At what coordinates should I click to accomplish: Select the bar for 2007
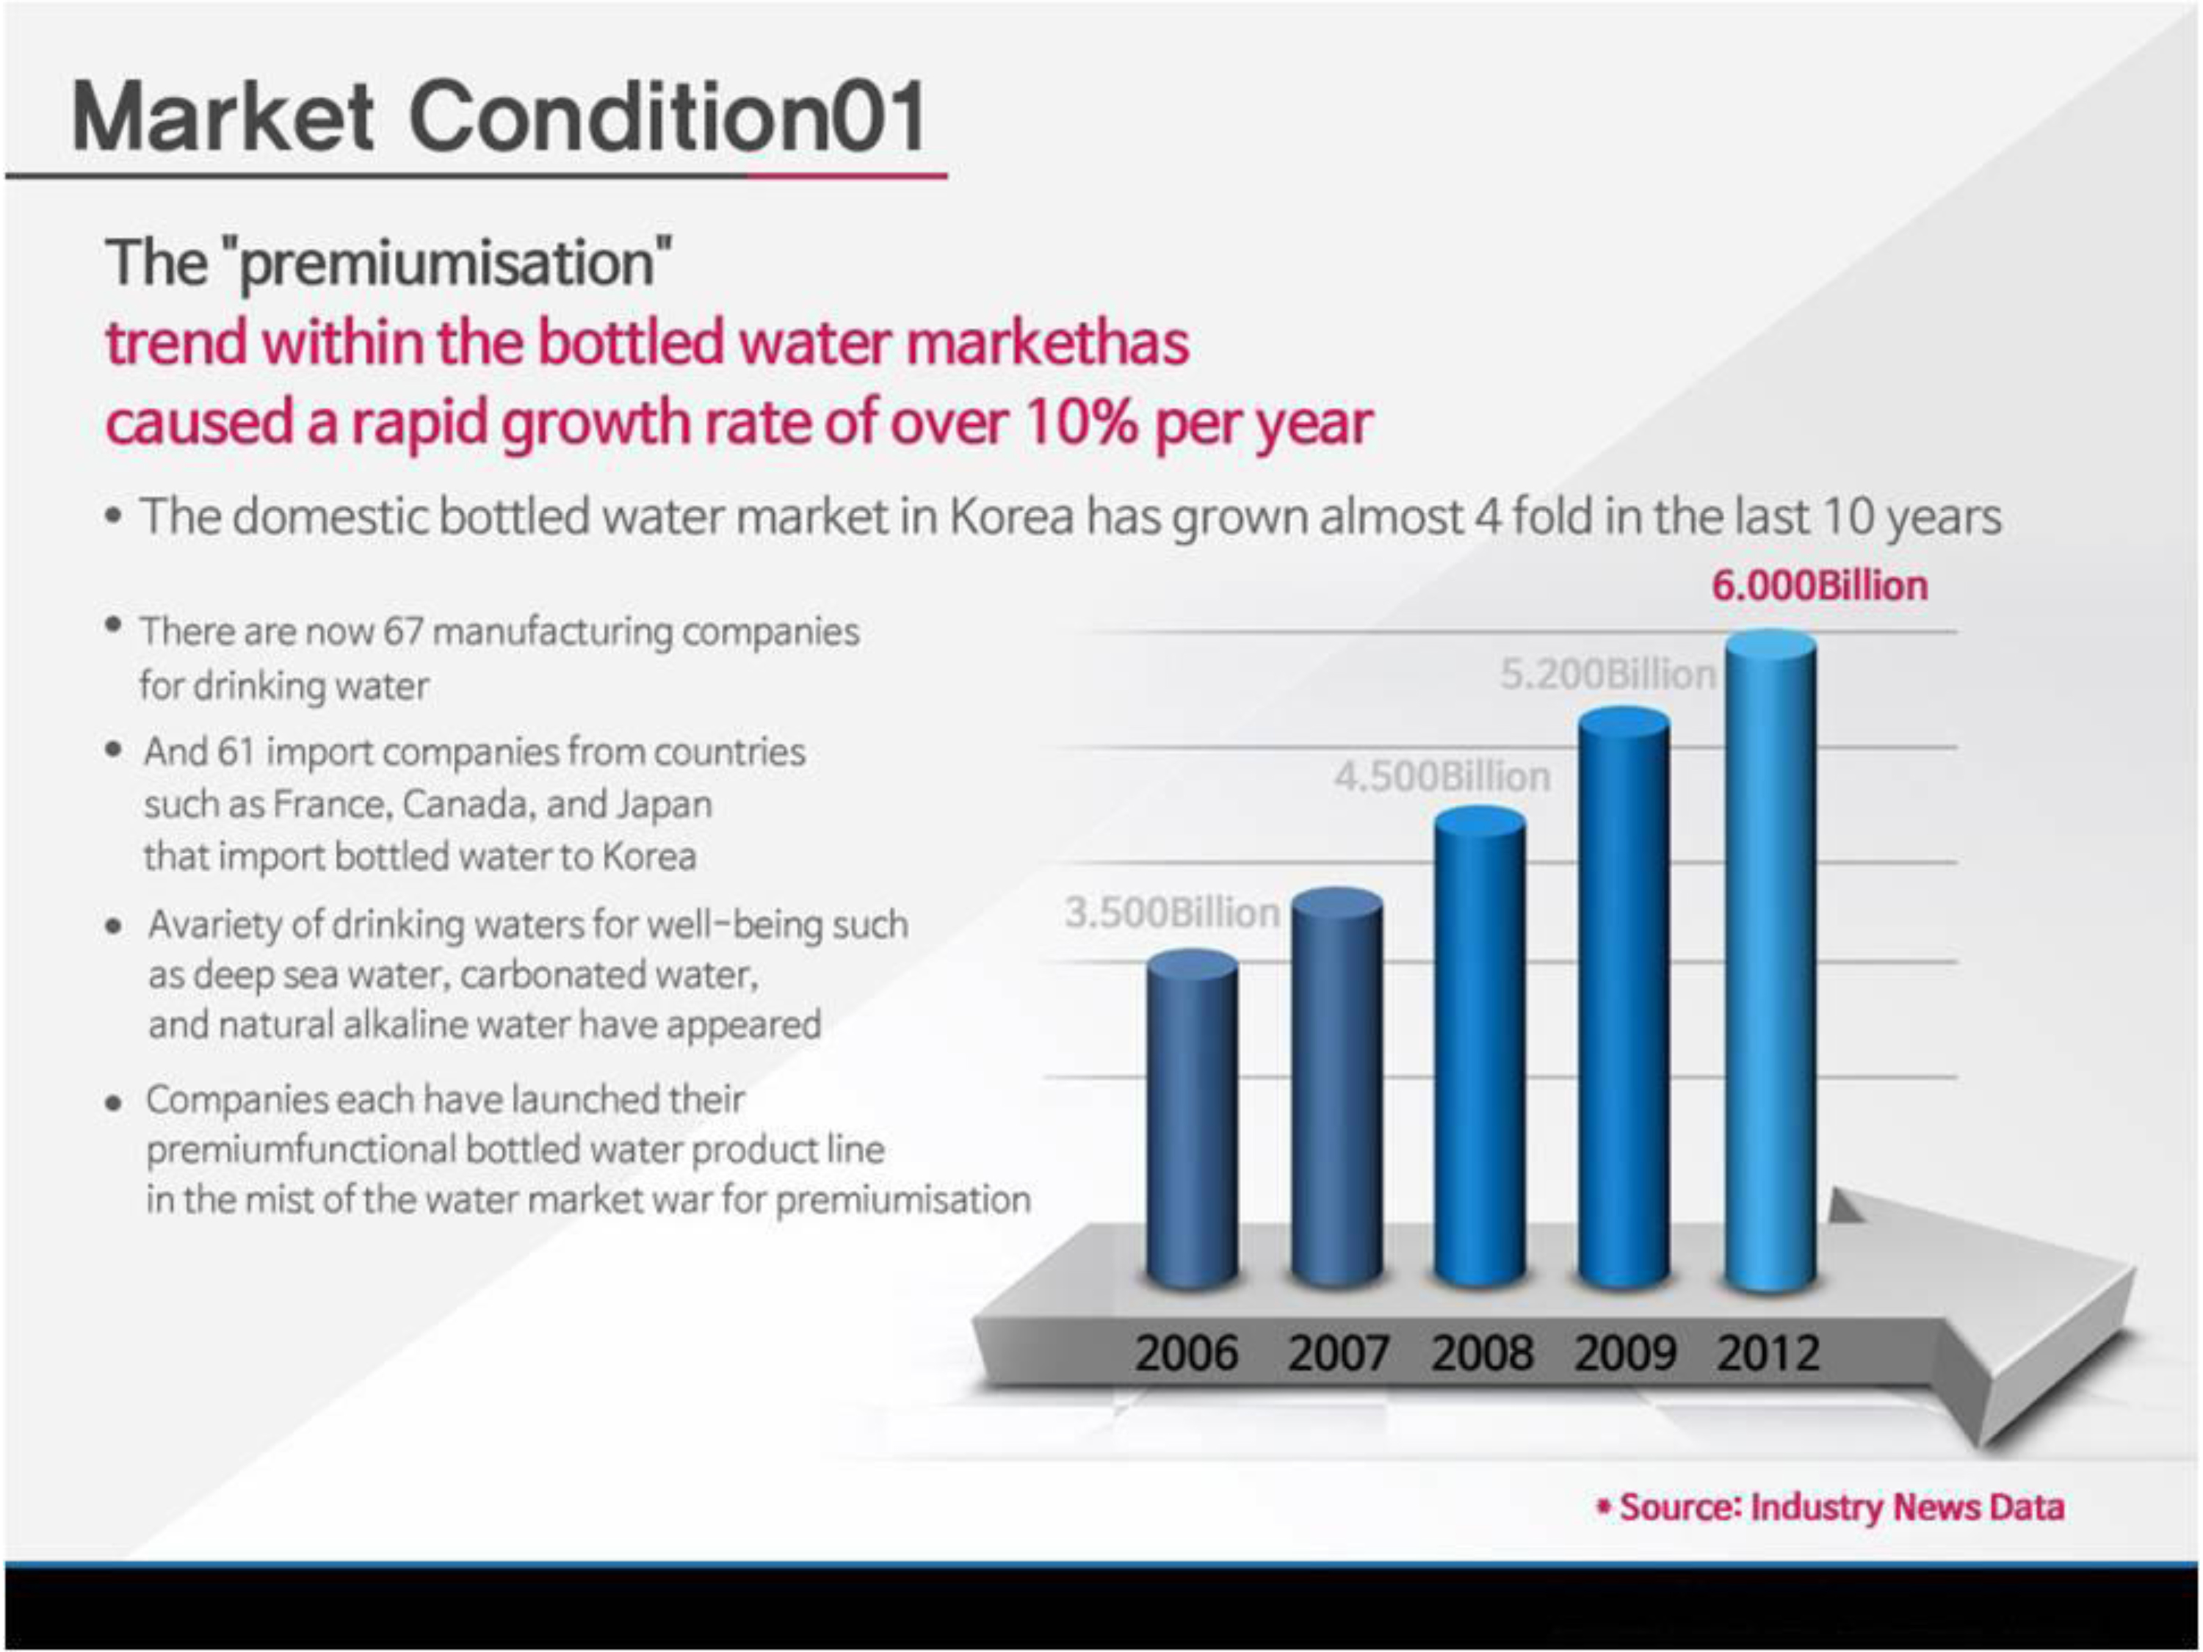(x=1336, y=1088)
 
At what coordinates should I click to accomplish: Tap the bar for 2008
(x=1480, y=1048)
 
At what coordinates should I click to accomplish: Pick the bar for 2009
(x=1624, y=999)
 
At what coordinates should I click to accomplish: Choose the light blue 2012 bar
(x=1770, y=961)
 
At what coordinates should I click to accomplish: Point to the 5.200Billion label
(x=1608, y=675)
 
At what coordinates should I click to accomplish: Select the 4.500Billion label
(x=1442, y=777)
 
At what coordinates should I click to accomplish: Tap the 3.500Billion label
(x=1172, y=912)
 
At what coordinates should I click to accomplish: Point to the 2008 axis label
(x=1482, y=1352)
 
